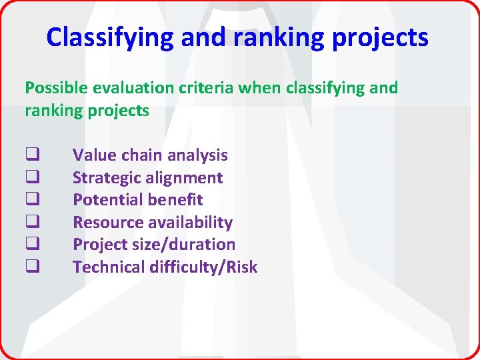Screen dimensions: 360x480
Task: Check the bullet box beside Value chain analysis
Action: point(30,155)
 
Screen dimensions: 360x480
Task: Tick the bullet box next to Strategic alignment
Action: point(30,178)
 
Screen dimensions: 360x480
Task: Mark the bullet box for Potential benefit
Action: point(30,200)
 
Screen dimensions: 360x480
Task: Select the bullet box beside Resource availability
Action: point(30,223)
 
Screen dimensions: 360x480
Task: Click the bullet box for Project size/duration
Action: point(30,245)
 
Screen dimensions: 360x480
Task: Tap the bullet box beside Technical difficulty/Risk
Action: point(30,267)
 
